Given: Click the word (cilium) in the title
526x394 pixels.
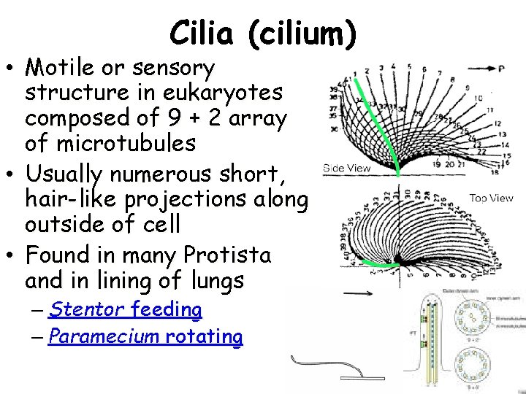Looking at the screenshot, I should tap(302, 33).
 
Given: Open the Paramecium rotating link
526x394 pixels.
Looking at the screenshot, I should tap(145, 336).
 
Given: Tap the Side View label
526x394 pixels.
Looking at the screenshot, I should tap(348, 168).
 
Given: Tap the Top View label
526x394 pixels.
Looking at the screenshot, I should tap(491, 198).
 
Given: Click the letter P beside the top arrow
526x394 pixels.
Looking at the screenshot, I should tap(501, 69).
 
